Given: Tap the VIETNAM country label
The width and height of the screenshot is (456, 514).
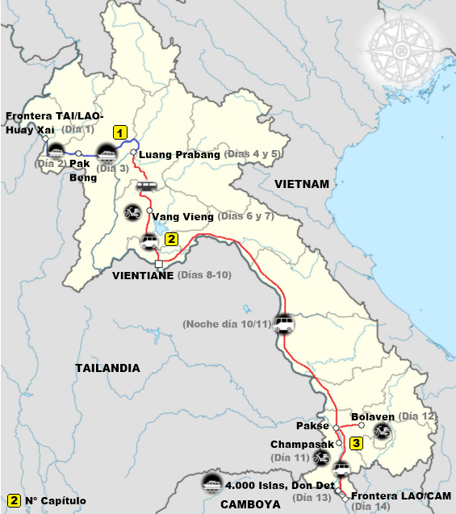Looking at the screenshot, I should point(302,184).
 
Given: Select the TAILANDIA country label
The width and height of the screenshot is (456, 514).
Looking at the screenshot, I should point(107,368).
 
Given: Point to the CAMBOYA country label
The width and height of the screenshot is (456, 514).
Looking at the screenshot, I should point(254,504).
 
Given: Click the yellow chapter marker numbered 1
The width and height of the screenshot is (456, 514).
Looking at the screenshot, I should point(120,132).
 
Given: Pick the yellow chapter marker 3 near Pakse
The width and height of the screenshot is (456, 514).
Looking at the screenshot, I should point(356,443).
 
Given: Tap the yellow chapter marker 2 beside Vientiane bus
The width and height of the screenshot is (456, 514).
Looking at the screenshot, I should point(171,239).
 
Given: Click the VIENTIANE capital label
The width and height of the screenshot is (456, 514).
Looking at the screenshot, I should point(143,275).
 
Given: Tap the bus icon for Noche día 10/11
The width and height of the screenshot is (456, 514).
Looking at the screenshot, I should point(284,324).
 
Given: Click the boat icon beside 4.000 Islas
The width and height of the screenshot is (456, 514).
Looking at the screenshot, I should point(212,482).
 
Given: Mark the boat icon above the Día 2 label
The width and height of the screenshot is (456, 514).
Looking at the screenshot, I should point(56,151).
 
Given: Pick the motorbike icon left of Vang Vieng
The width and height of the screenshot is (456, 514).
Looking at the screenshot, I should point(132,214).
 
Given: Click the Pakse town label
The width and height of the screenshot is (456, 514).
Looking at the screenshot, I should point(312,425).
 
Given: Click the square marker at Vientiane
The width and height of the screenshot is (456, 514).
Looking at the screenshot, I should point(159,264).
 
